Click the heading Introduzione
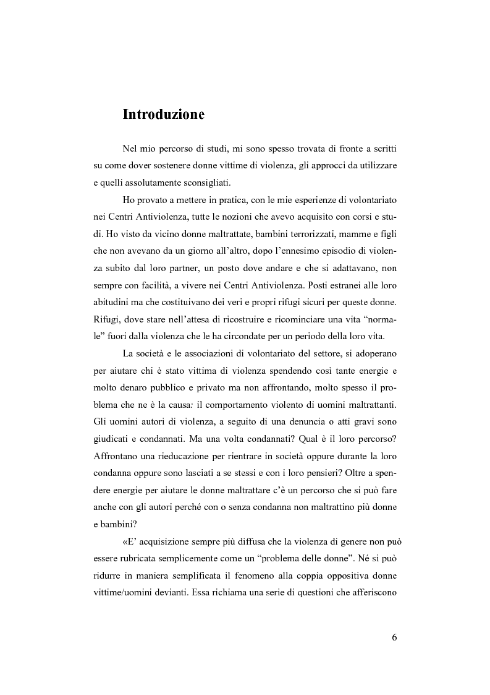click(163, 114)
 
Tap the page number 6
click(394, 638)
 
